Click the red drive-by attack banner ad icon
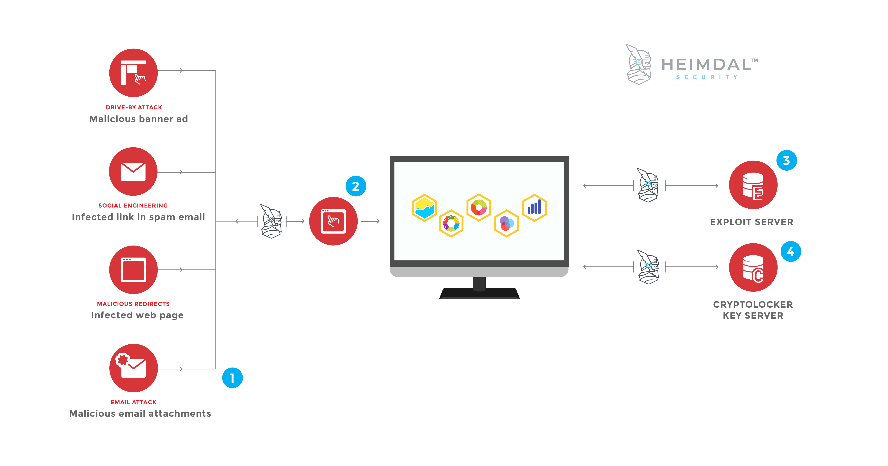(133, 73)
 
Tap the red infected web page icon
(133, 269)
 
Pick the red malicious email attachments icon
(133, 368)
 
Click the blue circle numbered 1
(232, 378)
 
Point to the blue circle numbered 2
(356, 186)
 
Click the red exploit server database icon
(753, 185)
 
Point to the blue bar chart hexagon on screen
(534, 208)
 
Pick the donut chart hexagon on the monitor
(479, 208)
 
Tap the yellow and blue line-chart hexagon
(424, 208)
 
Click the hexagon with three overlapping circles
(506, 223)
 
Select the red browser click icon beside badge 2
(333, 221)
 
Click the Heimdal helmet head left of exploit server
(648, 185)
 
